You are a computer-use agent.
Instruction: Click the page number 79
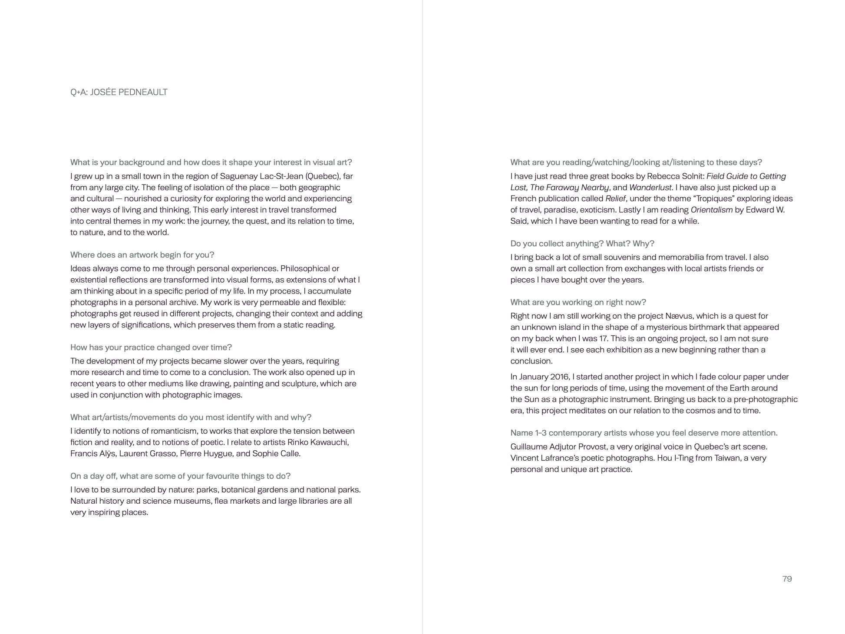[787, 579]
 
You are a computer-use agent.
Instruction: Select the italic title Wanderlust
[650, 188]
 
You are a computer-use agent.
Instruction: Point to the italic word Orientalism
[711, 210]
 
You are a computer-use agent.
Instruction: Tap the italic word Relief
[615, 199]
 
